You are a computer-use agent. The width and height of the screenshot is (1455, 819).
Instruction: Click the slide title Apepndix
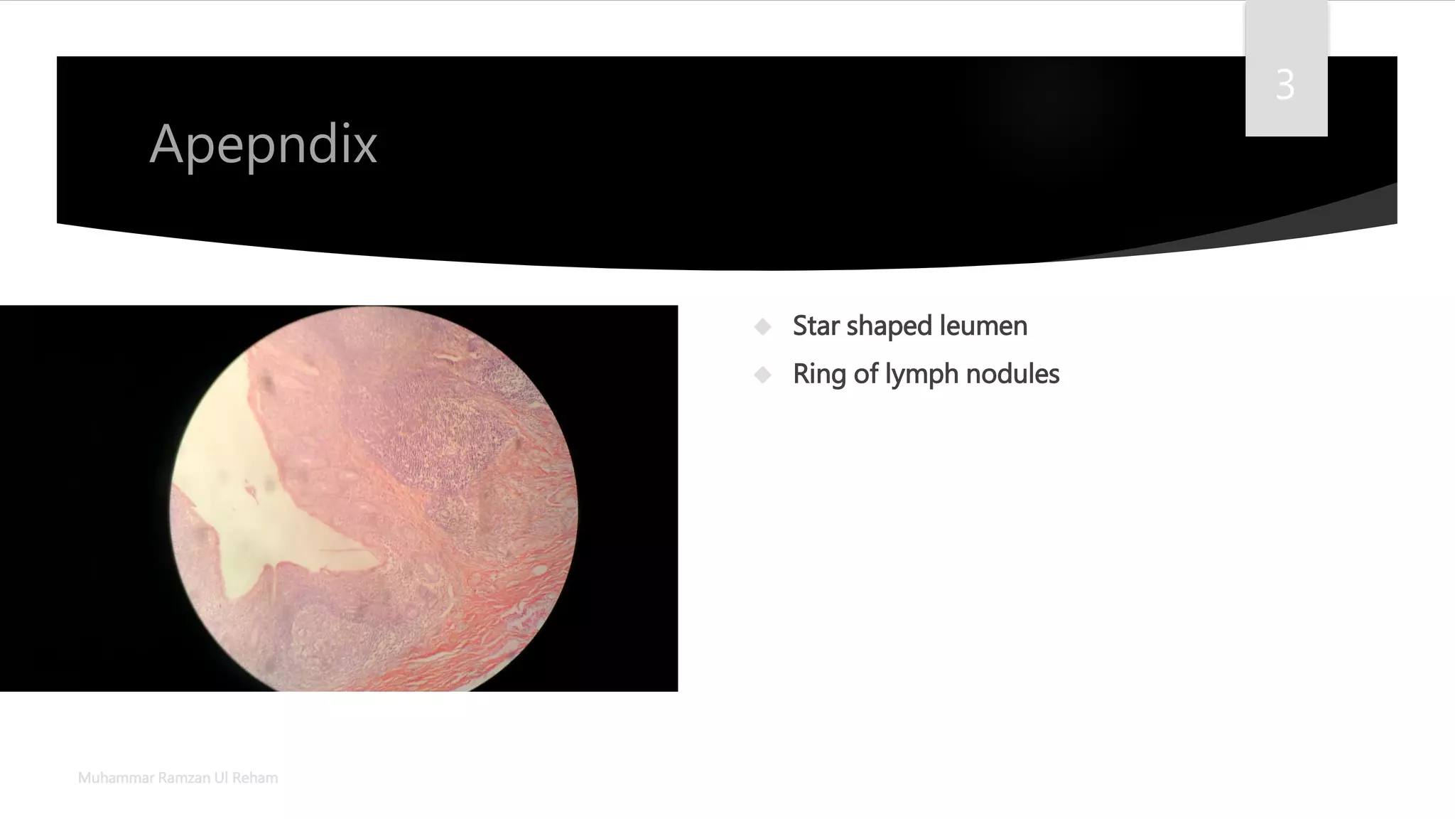coord(263,144)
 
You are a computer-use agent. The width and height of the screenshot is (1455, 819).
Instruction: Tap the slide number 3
coord(1284,85)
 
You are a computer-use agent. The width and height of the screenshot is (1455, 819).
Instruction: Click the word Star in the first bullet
coord(816,326)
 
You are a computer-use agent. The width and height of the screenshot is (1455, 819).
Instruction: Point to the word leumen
coord(983,326)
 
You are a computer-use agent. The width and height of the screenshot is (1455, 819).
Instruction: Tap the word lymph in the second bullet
coord(921,374)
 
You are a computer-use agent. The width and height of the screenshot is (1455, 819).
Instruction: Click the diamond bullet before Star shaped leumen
coord(763,326)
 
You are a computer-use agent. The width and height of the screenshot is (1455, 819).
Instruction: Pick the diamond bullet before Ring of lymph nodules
coord(763,375)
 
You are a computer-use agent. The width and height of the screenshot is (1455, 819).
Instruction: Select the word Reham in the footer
coord(255,778)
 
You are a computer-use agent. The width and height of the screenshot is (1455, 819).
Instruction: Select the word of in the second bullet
coord(866,374)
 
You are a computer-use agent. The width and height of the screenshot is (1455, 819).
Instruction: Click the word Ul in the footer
coord(221,778)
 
